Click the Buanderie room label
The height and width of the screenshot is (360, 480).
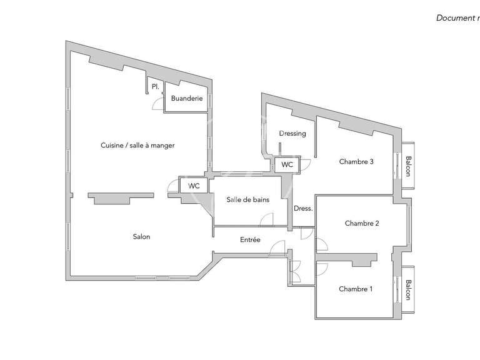tap(187, 98)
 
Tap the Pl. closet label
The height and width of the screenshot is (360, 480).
tap(154, 87)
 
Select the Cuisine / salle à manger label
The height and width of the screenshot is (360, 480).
tap(137, 145)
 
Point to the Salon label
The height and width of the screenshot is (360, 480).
tap(141, 236)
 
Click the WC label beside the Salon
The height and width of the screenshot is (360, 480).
tap(194, 186)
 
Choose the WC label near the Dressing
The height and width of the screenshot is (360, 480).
tap(287, 164)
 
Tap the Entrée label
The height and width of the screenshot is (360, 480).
tap(250, 239)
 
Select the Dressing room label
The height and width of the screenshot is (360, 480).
tap(292, 133)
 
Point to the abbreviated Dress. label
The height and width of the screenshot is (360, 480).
tap(302, 209)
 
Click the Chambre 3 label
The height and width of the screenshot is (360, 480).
tap(356, 161)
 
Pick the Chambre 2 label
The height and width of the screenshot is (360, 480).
tap(362, 223)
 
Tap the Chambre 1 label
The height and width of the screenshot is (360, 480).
tap(356, 289)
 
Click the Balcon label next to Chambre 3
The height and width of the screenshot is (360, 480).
tap(408, 166)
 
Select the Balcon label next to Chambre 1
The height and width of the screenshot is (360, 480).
tap(408, 290)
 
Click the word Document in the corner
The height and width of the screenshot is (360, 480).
tap(454, 17)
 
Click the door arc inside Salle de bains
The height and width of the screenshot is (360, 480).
tap(267, 219)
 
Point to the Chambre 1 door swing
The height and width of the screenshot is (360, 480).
tap(322, 268)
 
